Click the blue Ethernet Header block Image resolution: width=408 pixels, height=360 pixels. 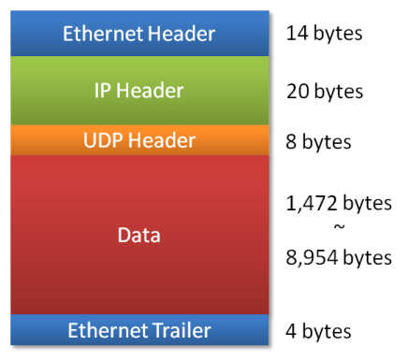click(138, 35)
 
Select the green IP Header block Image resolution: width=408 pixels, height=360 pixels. click(138, 91)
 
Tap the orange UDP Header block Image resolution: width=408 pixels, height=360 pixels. click(138, 140)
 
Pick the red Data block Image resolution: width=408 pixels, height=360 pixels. click(138, 235)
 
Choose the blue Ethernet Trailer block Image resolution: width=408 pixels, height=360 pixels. click(138, 330)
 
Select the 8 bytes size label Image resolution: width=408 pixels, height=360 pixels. click(319, 142)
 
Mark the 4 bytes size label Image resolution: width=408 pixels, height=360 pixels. click(319, 331)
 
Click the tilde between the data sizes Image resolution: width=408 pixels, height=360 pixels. click(339, 229)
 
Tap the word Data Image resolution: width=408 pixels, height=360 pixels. click(138, 235)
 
